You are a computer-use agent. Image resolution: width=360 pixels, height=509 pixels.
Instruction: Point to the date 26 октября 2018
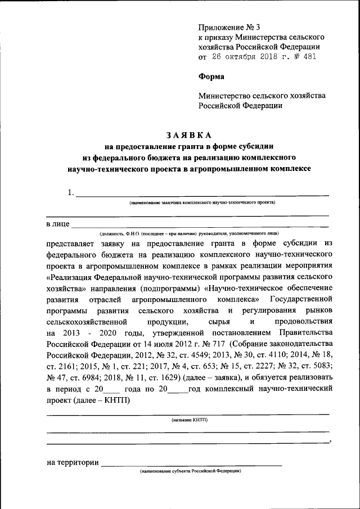(x=244, y=57)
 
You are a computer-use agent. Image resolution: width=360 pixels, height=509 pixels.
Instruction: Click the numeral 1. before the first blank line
(x=70, y=193)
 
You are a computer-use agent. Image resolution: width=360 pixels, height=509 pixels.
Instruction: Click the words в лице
(x=57, y=224)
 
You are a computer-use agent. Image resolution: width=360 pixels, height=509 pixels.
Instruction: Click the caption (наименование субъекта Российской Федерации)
(x=191, y=470)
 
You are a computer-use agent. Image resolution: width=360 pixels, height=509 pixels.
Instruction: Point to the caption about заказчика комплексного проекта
(x=202, y=201)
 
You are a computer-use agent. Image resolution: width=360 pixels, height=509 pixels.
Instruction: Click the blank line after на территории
(x=191, y=465)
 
